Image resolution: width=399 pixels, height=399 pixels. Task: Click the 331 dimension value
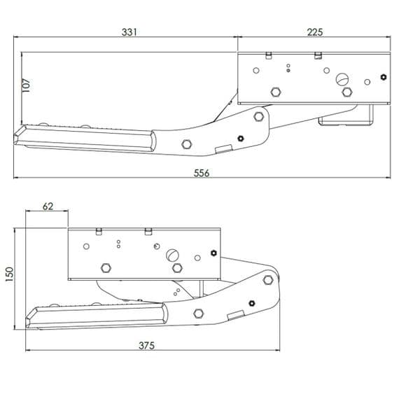click(129, 31)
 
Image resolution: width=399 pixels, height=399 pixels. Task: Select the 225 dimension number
click(314, 31)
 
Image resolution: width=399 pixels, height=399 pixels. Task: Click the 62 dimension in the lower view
click(48, 206)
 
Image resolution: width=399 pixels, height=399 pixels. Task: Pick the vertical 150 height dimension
click(9, 274)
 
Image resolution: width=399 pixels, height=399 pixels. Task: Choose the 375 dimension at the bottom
click(146, 345)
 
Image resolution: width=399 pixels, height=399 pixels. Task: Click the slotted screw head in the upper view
click(342, 79)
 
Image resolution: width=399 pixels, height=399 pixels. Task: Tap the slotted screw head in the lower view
click(172, 255)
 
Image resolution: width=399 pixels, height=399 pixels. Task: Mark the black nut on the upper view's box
click(382, 77)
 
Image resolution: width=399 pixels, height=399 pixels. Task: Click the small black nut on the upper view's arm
click(240, 138)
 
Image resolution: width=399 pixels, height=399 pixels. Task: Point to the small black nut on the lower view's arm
click(250, 302)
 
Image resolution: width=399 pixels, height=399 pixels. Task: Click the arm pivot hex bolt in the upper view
click(259, 115)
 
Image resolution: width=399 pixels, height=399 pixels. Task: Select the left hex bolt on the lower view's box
click(106, 267)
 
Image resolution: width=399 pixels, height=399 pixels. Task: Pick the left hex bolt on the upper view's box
click(276, 92)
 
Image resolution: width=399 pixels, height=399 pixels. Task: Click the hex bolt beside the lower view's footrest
click(199, 313)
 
